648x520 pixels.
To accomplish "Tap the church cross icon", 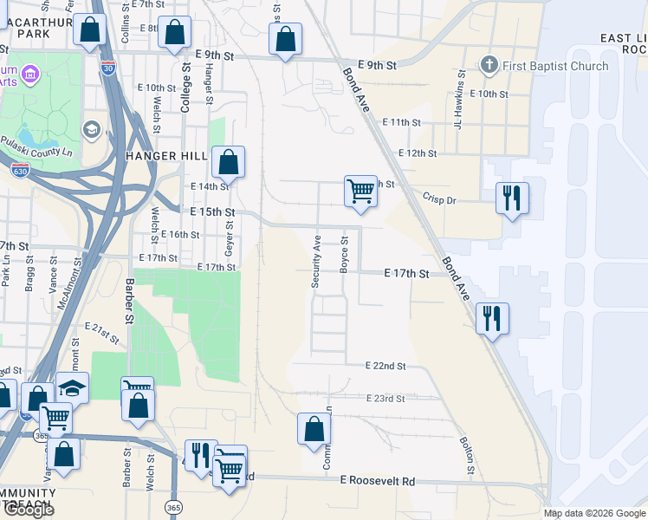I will [x=489, y=66].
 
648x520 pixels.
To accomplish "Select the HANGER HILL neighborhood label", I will [x=166, y=155].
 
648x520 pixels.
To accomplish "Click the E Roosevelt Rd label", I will [x=378, y=481].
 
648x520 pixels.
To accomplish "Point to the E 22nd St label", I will [x=386, y=367].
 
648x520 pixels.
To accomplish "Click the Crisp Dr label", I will [x=439, y=200].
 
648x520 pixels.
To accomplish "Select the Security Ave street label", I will [x=316, y=261].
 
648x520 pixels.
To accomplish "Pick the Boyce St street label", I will [x=344, y=255].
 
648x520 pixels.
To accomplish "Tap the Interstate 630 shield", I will [x=19, y=171].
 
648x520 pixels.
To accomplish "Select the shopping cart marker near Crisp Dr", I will [x=360, y=191].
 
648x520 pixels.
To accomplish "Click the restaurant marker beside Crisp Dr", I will [x=512, y=198].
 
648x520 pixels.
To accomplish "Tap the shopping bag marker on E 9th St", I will [x=285, y=38].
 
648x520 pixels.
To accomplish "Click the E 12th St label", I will [x=417, y=153].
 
